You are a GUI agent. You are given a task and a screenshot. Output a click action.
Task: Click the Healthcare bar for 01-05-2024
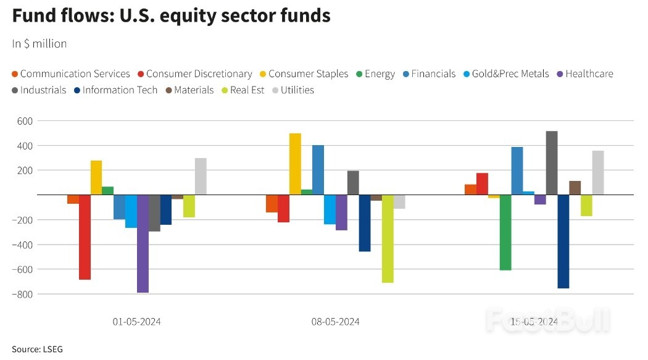(143, 243)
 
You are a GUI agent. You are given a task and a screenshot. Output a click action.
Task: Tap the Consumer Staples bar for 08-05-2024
(295, 164)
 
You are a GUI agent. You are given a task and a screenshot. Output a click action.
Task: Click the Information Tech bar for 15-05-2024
(563, 241)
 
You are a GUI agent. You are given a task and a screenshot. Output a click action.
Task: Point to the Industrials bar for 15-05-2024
(551, 163)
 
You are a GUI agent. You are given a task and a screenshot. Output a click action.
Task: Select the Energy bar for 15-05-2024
(505, 232)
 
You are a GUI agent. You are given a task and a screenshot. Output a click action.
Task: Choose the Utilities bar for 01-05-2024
(201, 177)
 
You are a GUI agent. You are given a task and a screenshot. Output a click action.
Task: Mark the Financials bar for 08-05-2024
(318, 170)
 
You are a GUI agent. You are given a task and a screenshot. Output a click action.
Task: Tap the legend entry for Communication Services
(71, 74)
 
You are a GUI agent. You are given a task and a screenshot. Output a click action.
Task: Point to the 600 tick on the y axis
(23, 121)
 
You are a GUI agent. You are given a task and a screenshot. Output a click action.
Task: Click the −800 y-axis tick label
(22, 294)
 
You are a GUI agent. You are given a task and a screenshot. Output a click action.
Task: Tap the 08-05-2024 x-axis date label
(335, 322)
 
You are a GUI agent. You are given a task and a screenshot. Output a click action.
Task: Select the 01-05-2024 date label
(137, 322)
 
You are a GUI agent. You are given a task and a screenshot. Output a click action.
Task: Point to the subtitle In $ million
(39, 44)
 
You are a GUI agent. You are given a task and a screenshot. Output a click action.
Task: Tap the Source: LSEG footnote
(37, 350)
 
